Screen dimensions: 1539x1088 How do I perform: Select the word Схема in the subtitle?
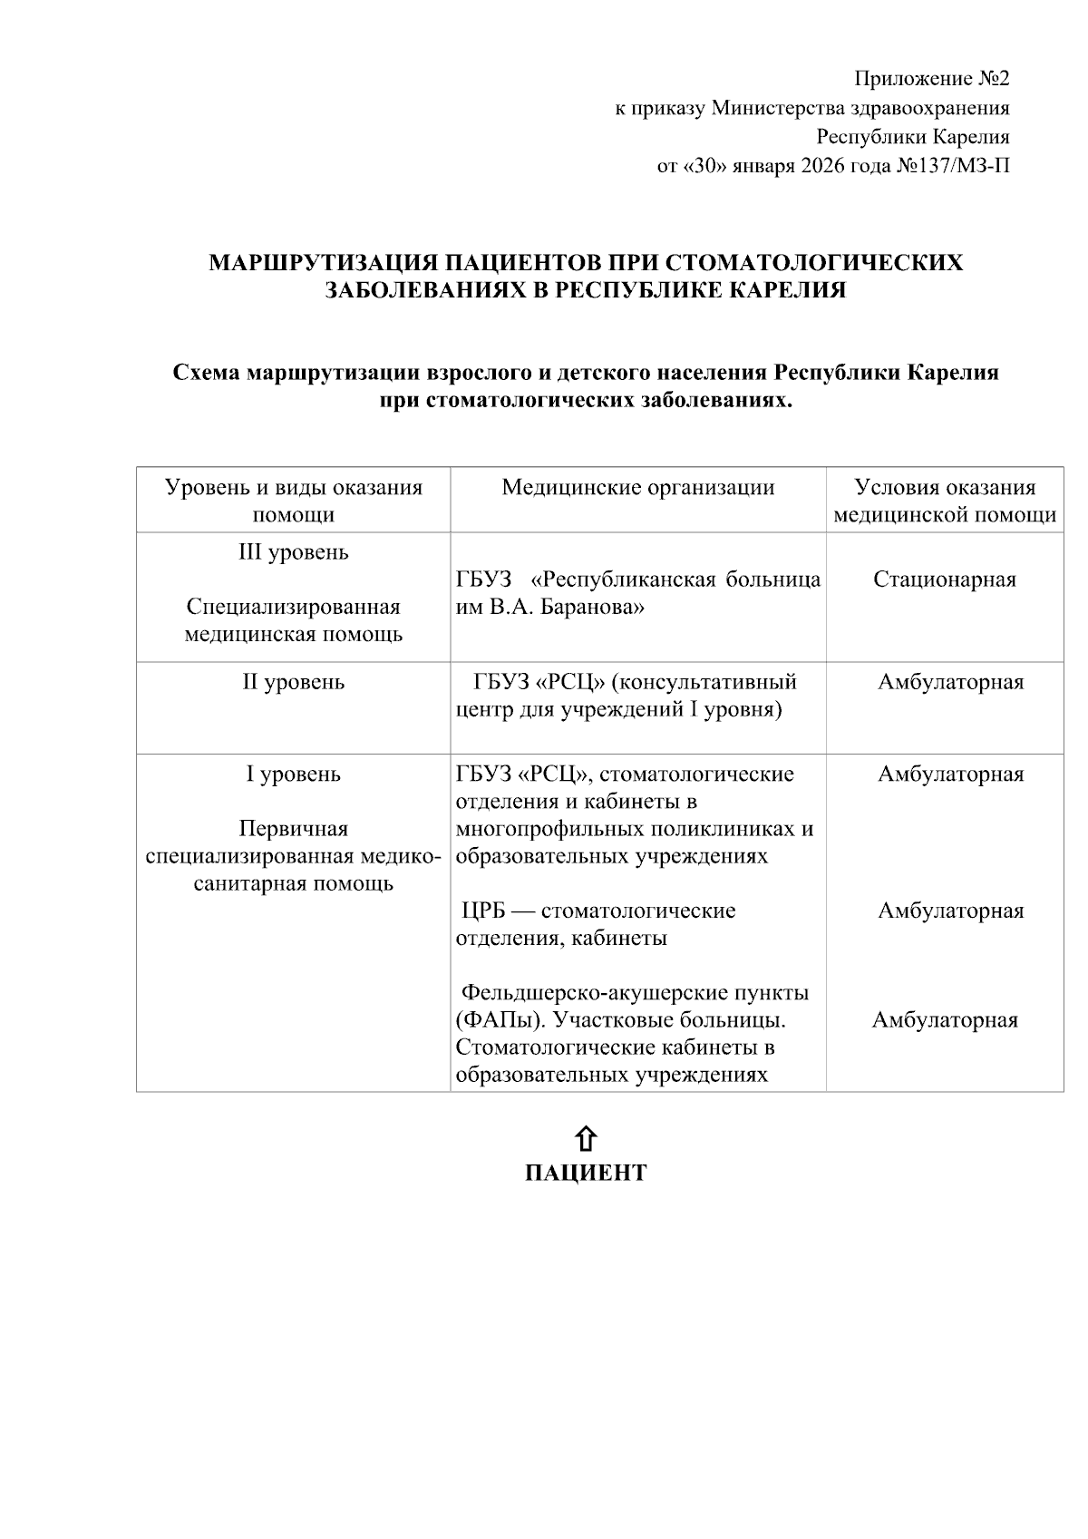[x=206, y=373]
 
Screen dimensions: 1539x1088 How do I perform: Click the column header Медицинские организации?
[x=637, y=488]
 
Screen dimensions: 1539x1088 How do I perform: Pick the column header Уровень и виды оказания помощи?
[x=293, y=501]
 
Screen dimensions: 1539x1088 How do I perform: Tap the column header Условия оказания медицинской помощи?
[x=944, y=501]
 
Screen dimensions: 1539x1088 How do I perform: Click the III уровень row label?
[x=293, y=552]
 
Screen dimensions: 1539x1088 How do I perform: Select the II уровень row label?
[x=293, y=682]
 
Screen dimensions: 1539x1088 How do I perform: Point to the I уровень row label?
[x=293, y=774]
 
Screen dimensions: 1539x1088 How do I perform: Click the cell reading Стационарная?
[x=944, y=580]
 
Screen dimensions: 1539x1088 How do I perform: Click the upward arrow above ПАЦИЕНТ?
[x=586, y=1139]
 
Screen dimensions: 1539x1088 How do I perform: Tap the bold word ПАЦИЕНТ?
[x=586, y=1174]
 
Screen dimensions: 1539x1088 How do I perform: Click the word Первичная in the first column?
[x=293, y=829]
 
